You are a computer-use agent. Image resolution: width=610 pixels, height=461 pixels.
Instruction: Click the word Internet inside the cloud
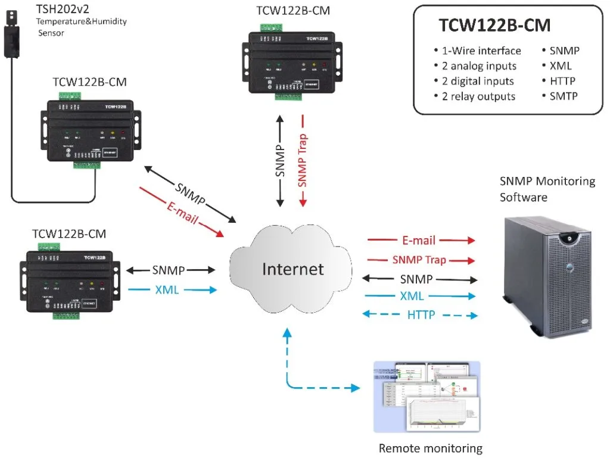click(x=293, y=269)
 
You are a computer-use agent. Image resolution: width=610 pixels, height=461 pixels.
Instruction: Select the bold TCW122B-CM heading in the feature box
click(x=494, y=26)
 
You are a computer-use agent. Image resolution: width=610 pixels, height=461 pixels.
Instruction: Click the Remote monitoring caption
click(x=430, y=448)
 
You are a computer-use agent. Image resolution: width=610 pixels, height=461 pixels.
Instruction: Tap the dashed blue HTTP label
click(x=421, y=314)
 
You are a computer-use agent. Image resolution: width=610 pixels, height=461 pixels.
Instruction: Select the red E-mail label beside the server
click(x=419, y=241)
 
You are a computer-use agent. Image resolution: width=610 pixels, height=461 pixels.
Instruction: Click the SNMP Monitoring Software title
click(x=547, y=189)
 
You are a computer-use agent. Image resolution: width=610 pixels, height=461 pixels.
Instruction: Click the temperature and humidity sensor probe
click(x=12, y=36)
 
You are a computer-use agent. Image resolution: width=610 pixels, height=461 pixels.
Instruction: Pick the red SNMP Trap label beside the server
click(x=419, y=260)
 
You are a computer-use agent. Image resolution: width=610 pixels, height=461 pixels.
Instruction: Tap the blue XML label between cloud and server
click(x=412, y=296)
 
